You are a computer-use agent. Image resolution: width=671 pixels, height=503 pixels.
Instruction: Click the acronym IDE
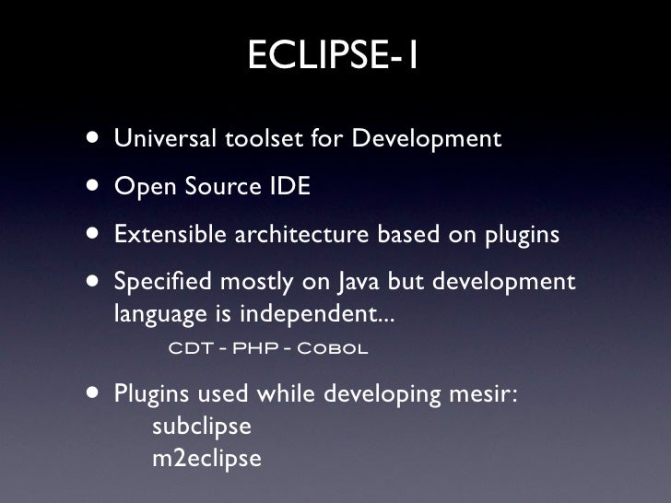[x=289, y=187]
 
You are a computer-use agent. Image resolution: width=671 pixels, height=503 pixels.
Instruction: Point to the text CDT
[x=189, y=350]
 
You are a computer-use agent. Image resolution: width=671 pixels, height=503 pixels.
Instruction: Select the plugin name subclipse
[x=201, y=427]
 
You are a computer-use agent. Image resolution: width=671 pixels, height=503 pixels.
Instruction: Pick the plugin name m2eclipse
[x=206, y=458]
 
